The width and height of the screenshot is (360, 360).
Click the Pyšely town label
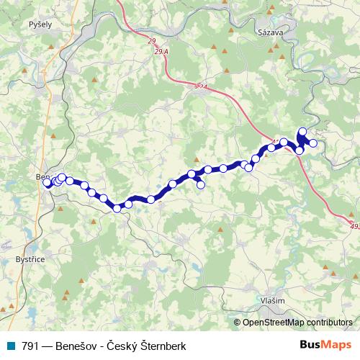pyautogui.click(x=40, y=24)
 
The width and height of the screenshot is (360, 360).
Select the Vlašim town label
pyautogui.click(x=273, y=301)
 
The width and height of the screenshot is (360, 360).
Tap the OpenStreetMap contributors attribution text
pyautogui.click(x=297, y=323)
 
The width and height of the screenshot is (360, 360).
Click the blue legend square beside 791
pyautogui.click(x=11, y=346)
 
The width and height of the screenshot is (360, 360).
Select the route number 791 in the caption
pyautogui.click(x=30, y=346)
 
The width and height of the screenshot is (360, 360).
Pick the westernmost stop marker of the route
pyautogui.click(x=48, y=183)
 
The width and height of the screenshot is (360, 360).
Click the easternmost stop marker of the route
pyautogui.click(x=313, y=143)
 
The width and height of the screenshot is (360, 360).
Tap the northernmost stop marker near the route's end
pyautogui.click(x=302, y=132)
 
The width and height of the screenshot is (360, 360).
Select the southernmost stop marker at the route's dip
pyautogui.click(x=117, y=209)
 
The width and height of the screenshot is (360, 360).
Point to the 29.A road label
pyautogui.click(x=161, y=53)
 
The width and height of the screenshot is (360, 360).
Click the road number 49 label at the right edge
pyautogui.click(x=354, y=225)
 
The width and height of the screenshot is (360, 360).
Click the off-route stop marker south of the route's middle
pyautogui.click(x=201, y=185)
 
